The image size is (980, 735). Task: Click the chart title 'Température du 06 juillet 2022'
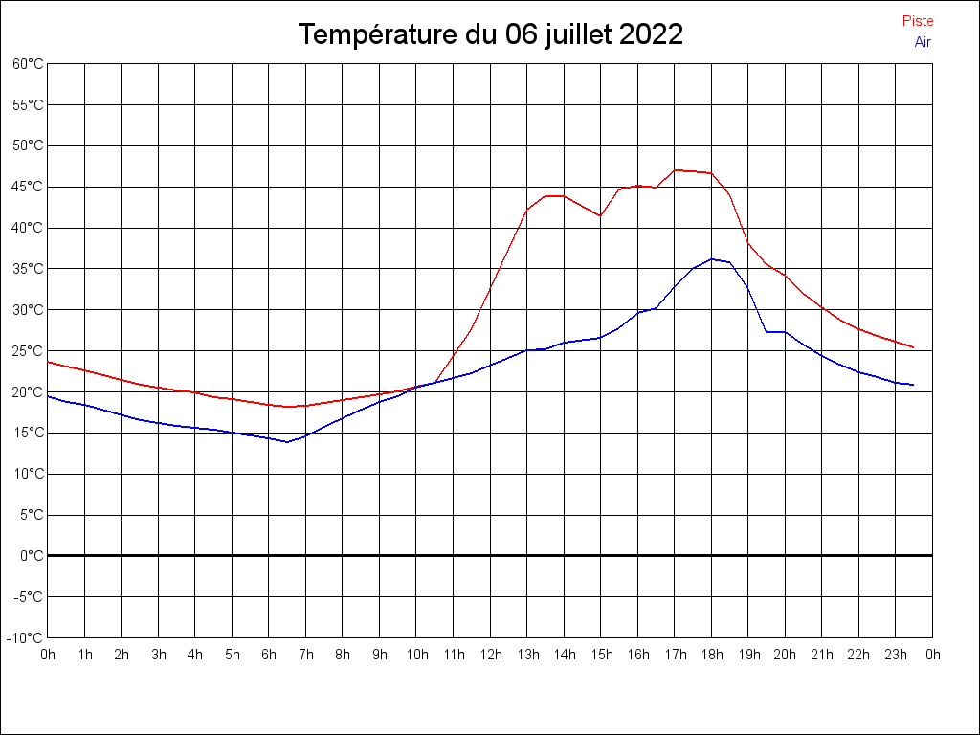(x=490, y=34)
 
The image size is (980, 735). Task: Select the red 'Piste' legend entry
(x=918, y=21)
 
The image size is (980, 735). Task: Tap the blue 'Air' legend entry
(x=923, y=42)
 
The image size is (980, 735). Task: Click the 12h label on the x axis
(x=490, y=655)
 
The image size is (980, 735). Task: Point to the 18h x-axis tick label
(x=711, y=655)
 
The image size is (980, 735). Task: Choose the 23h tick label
(x=896, y=655)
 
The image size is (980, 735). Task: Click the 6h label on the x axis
(x=269, y=655)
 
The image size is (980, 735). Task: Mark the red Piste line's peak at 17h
(x=675, y=170)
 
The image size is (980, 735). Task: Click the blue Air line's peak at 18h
(x=711, y=258)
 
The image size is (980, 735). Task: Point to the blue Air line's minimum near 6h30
(x=287, y=442)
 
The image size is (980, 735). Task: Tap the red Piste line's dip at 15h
(x=600, y=215)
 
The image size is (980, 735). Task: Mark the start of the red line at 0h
(x=48, y=362)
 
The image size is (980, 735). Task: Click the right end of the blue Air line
(x=914, y=385)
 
